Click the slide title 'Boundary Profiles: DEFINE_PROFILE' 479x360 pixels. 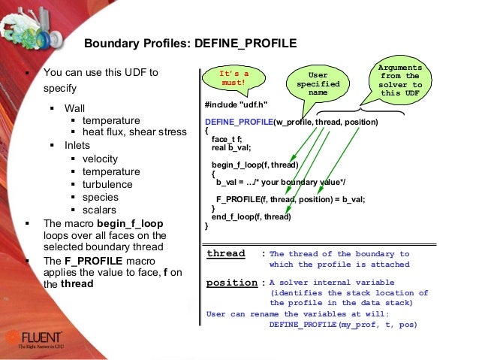190,44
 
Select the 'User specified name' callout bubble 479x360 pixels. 318,83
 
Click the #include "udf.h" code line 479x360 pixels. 236,104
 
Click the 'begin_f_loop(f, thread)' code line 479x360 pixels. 255,165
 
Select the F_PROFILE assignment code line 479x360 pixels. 290,199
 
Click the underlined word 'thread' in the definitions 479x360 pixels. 226,254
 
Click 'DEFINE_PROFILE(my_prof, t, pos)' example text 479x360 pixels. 342,325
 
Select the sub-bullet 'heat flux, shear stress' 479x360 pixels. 134,132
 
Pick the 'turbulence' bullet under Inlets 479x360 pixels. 107,184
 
